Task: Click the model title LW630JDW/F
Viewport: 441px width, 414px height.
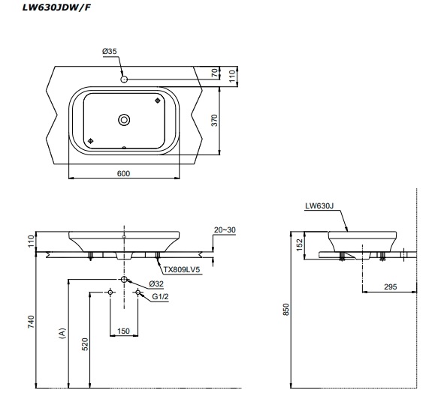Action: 56,7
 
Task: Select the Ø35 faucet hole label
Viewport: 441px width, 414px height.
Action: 110,51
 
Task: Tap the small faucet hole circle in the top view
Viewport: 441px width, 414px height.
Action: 124,79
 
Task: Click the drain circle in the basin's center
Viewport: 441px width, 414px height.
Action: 124,120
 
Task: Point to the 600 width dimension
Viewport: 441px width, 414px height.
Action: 123,173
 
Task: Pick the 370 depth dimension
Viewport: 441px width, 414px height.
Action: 214,121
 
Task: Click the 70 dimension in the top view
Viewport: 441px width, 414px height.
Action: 215,73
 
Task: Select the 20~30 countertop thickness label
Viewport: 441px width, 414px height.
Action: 225,230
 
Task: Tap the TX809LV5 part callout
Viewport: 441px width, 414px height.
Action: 182,270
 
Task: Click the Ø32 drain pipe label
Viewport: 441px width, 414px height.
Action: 156,283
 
